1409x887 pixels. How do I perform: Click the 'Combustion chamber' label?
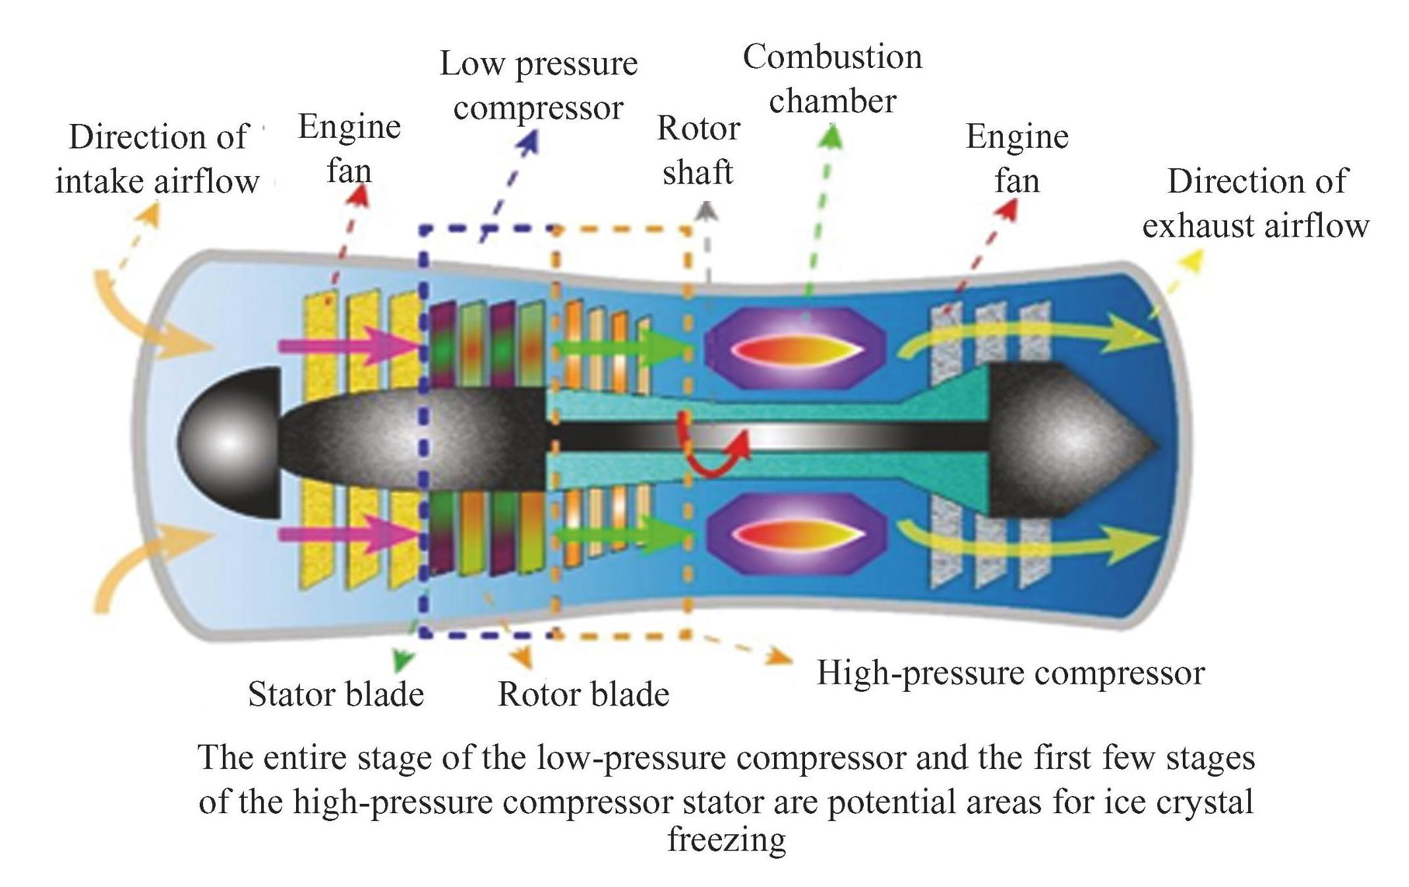coord(832,79)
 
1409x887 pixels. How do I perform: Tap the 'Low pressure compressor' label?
coord(539,86)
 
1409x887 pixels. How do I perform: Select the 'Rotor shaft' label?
coord(698,150)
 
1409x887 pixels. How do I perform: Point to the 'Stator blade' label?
coord(336,694)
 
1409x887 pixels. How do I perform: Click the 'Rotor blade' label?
coord(584,694)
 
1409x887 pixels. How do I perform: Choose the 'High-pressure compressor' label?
coord(1011,673)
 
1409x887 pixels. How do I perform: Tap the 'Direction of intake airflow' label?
coord(158,159)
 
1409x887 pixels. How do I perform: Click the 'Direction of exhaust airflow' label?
coord(1256,203)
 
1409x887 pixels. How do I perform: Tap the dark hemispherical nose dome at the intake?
coord(231,442)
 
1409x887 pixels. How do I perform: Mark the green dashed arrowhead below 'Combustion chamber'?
coord(833,136)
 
